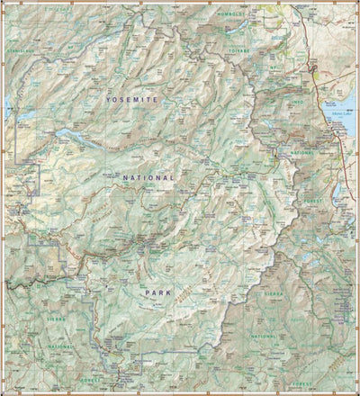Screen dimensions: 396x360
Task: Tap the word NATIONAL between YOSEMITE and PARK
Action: click(x=149, y=178)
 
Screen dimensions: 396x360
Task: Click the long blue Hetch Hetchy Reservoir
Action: click(x=72, y=138)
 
